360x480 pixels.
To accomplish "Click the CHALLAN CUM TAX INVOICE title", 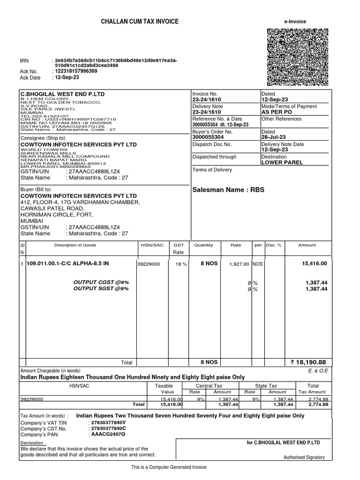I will tap(140, 22).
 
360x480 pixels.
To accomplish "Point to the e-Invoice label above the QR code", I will tap(295, 22).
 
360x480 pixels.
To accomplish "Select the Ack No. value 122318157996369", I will tap(76, 71).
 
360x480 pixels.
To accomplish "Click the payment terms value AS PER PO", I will tap(277, 113).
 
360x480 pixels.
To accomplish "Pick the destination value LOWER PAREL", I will tap(282, 163).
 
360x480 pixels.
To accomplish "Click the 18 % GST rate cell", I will tap(181, 264).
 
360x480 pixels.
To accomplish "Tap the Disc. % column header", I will tap(274, 245).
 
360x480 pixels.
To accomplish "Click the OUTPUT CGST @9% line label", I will tap(101, 282).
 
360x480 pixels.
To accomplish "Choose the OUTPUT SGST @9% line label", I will tap(101, 289).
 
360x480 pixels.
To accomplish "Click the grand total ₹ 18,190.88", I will tap(308, 362).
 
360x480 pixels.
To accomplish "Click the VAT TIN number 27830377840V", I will tap(108, 422).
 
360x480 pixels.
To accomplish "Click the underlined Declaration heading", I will tap(32, 443).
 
